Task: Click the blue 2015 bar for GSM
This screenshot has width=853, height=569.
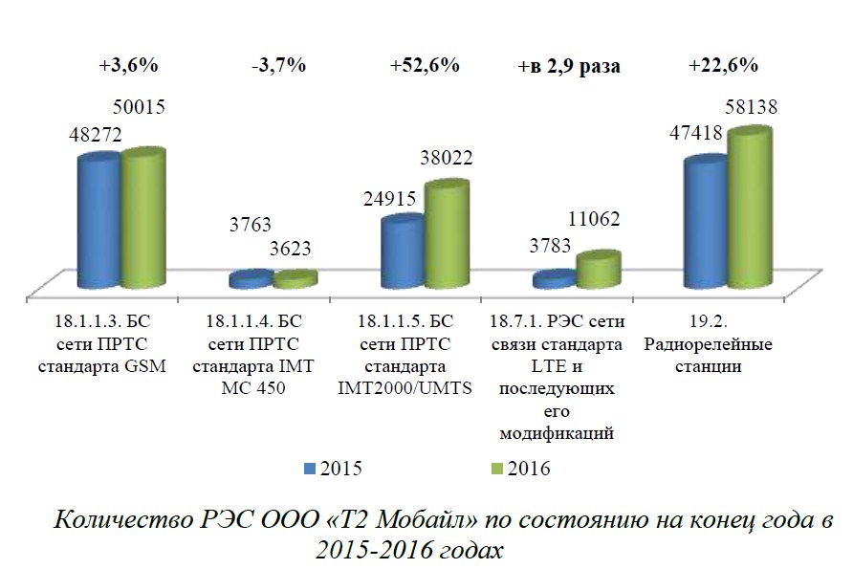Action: tap(98, 223)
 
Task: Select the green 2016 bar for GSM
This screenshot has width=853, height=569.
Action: tap(142, 219)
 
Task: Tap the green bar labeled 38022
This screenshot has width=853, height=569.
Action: tap(446, 236)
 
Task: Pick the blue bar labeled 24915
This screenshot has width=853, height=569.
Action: tap(402, 252)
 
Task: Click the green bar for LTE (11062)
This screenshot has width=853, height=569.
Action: tap(598, 271)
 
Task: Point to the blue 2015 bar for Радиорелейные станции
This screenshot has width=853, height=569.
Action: tap(705, 224)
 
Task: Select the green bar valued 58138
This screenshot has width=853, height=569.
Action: tap(749, 209)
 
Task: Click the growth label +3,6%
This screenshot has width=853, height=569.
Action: tap(127, 66)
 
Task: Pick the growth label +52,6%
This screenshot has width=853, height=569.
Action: tap(425, 66)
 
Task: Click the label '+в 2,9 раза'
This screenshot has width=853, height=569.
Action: tap(569, 67)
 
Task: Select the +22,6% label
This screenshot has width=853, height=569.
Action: tap(723, 66)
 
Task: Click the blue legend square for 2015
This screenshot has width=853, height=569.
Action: tap(309, 468)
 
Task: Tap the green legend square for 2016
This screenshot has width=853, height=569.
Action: tap(495, 468)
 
